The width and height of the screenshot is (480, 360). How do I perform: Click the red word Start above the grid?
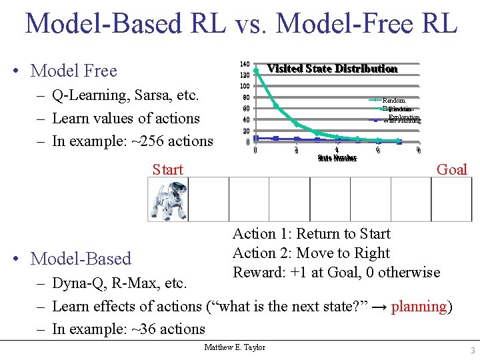click(x=167, y=169)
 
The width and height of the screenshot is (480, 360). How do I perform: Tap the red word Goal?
click(x=451, y=169)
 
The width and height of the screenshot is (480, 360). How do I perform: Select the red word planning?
click(x=419, y=307)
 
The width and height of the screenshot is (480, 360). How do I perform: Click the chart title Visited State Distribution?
click(x=332, y=69)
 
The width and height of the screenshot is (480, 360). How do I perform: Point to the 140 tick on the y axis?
click(x=244, y=64)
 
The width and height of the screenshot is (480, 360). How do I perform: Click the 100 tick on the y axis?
click(x=244, y=87)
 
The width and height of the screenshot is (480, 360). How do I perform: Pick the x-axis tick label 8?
click(x=418, y=151)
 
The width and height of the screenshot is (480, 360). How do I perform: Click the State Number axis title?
click(x=337, y=159)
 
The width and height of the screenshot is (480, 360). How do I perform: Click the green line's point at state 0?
click(x=256, y=71)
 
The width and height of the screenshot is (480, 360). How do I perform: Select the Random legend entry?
click(x=393, y=101)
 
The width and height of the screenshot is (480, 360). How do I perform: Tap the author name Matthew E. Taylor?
click(x=235, y=347)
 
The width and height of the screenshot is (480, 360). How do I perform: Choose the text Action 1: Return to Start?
click(x=311, y=234)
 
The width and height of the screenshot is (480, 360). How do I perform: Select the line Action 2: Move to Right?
click(x=311, y=253)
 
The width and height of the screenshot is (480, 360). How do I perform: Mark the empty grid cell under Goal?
click(x=451, y=199)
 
